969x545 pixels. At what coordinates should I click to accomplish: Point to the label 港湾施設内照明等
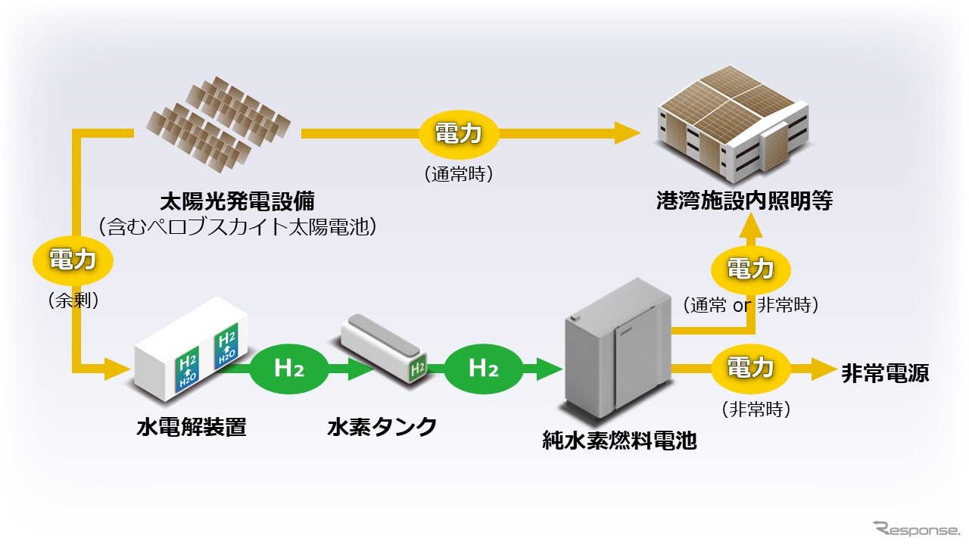tap(745, 201)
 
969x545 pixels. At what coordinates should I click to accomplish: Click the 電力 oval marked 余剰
tap(73, 260)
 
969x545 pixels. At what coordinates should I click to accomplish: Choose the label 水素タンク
tap(382, 427)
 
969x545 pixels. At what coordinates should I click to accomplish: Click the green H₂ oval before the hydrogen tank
tap(289, 369)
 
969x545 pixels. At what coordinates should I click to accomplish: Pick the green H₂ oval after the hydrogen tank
tap(483, 369)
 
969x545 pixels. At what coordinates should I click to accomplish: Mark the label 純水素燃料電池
tap(619, 441)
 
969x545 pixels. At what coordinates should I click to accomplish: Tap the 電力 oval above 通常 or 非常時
tap(750, 269)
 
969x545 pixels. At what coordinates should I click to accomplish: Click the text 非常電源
tap(885, 373)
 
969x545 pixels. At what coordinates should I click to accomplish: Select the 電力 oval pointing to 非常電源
tap(750, 369)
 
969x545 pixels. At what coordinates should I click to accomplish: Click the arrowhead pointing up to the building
tap(752, 223)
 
